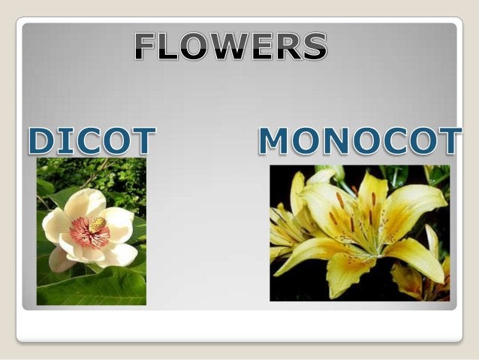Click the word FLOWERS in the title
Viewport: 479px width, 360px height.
coord(231,47)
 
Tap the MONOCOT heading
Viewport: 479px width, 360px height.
coord(360,141)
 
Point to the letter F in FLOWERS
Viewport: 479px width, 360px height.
coord(147,47)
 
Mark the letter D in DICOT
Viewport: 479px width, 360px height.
coord(43,142)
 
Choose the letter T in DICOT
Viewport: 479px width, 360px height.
coord(143,142)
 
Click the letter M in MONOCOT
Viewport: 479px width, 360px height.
coord(274,141)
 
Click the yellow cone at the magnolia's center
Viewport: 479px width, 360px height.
coord(98,224)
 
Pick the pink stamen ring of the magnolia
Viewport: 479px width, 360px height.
coord(89,233)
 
